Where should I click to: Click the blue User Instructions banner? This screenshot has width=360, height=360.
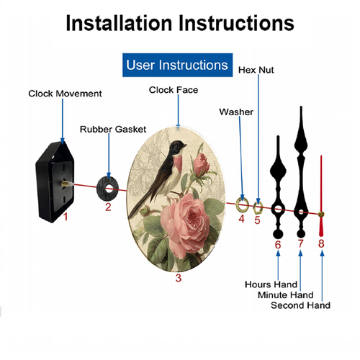point(177,65)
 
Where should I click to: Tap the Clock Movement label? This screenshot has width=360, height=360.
point(65,94)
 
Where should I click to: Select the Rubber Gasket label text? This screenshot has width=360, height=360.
point(113,130)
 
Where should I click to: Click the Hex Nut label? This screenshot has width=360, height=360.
point(256,70)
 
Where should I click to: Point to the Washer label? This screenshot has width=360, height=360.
point(236,112)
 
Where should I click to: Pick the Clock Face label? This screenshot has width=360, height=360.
point(174,90)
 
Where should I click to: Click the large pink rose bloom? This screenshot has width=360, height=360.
point(185,225)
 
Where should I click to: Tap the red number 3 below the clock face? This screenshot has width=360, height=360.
point(179,278)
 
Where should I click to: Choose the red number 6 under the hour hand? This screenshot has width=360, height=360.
point(278,245)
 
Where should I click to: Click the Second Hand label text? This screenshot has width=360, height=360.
point(300,305)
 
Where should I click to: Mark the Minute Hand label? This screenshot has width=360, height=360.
point(286,294)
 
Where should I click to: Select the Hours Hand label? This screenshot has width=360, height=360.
point(271,284)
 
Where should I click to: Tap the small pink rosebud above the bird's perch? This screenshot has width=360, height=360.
point(201,164)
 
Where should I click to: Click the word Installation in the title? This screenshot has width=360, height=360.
point(119,23)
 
